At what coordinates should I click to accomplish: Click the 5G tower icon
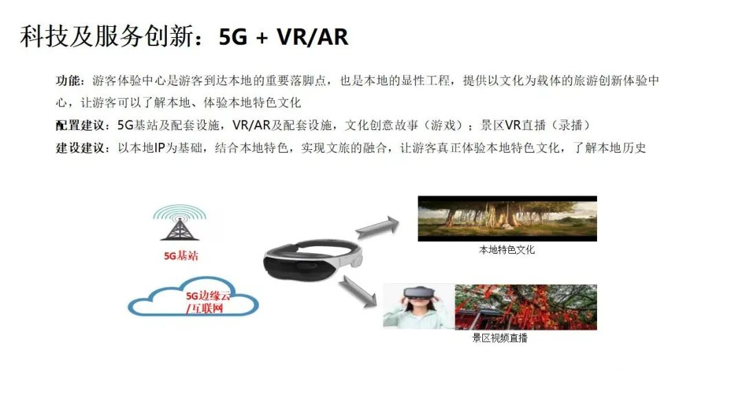click(180, 223)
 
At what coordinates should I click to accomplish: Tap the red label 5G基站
click(181, 256)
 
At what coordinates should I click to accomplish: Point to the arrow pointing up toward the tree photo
click(377, 228)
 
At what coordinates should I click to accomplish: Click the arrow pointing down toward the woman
click(357, 291)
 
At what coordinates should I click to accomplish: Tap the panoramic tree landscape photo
click(507, 219)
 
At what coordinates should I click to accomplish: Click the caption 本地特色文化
click(507, 250)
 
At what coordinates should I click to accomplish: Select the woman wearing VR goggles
click(419, 307)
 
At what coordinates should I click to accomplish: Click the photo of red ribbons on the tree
click(526, 307)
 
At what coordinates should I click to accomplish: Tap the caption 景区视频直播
click(499, 338)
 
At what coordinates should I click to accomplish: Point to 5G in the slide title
click(233, 37)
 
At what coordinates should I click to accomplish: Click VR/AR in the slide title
click(313, 37)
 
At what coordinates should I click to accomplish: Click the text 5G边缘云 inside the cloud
click(207, 296)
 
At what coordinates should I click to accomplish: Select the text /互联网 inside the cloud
click(205, 309)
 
